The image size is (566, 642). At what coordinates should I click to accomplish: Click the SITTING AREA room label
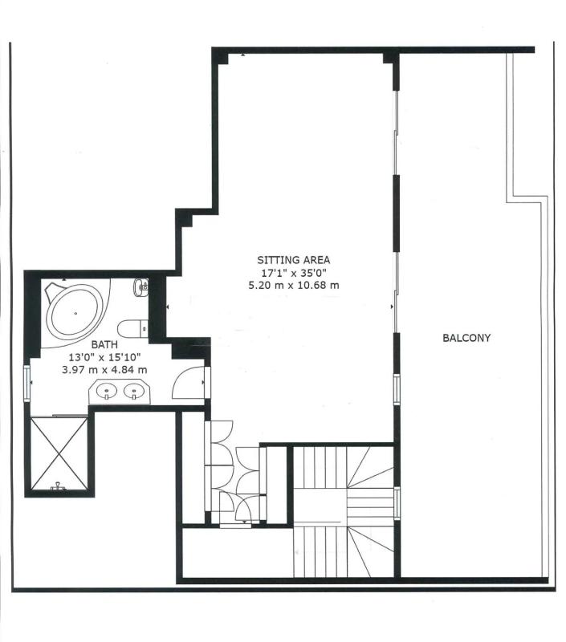pos(293,259)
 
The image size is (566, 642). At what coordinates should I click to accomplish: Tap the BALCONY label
pos(466,338)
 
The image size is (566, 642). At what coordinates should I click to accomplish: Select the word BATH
pos(104,344)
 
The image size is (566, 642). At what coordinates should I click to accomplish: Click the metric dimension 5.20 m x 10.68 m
pos(294,285)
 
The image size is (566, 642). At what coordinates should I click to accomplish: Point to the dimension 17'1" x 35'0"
pos(293,272)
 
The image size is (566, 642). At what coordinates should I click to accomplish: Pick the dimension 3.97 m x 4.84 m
pos(104,370)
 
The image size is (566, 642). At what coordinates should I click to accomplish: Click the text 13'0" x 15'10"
pos(104,357)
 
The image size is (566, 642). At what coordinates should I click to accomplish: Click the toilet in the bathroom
pos(132,328)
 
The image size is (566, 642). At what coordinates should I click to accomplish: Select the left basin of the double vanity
pos(107,391)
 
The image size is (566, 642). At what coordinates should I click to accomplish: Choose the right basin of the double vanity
pos(134,391)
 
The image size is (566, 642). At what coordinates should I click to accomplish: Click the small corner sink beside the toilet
pos(140,287)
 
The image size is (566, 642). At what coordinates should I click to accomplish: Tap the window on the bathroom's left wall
pos(27,383)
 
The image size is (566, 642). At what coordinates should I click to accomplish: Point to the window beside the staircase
pos(397,503)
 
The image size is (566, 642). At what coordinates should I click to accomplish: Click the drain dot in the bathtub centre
pos(75,313)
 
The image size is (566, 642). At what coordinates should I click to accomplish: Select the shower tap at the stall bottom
pos(58,486)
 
